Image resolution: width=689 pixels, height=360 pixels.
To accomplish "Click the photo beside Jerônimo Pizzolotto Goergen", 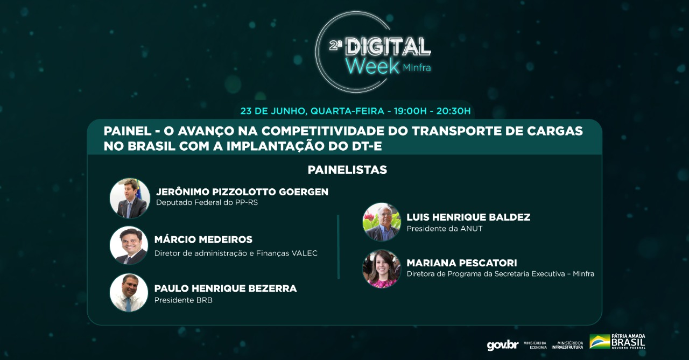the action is (x=130, y=198).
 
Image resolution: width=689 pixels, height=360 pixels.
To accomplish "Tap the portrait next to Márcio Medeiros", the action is (x=129, y=245).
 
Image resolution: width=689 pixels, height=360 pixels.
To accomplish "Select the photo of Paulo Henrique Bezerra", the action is (x=129, y=293).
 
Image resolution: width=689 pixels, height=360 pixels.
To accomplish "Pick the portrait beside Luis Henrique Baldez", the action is (x=382, y=222).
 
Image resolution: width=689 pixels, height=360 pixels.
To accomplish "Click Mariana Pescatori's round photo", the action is (x=382, y=269).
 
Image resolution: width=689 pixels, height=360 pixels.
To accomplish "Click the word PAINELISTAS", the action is (x=347, y=170).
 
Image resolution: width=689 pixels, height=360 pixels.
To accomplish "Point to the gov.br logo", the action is (x=503, y=345).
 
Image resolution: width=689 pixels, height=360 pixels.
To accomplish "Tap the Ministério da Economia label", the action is (x=535, y=345).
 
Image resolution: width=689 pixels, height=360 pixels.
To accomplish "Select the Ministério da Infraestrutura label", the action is (x=567, y=345).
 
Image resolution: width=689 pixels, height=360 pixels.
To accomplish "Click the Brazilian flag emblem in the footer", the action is (x=600, y=342).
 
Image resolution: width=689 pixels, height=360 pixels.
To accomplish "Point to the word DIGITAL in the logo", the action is (x=388, y=47).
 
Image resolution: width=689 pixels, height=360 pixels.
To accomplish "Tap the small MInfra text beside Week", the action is (x=417, y=67).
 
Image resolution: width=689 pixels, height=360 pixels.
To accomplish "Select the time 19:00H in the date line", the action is (x=410, y=111).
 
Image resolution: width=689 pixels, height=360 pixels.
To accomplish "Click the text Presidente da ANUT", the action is (x=445, y=228).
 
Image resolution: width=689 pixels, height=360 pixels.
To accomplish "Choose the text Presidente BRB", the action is (x=184, y=300).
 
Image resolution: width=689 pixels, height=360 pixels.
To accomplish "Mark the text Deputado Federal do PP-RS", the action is (x=207, y=202).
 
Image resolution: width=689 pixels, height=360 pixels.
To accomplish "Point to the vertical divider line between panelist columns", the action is (x=339, y=247).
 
